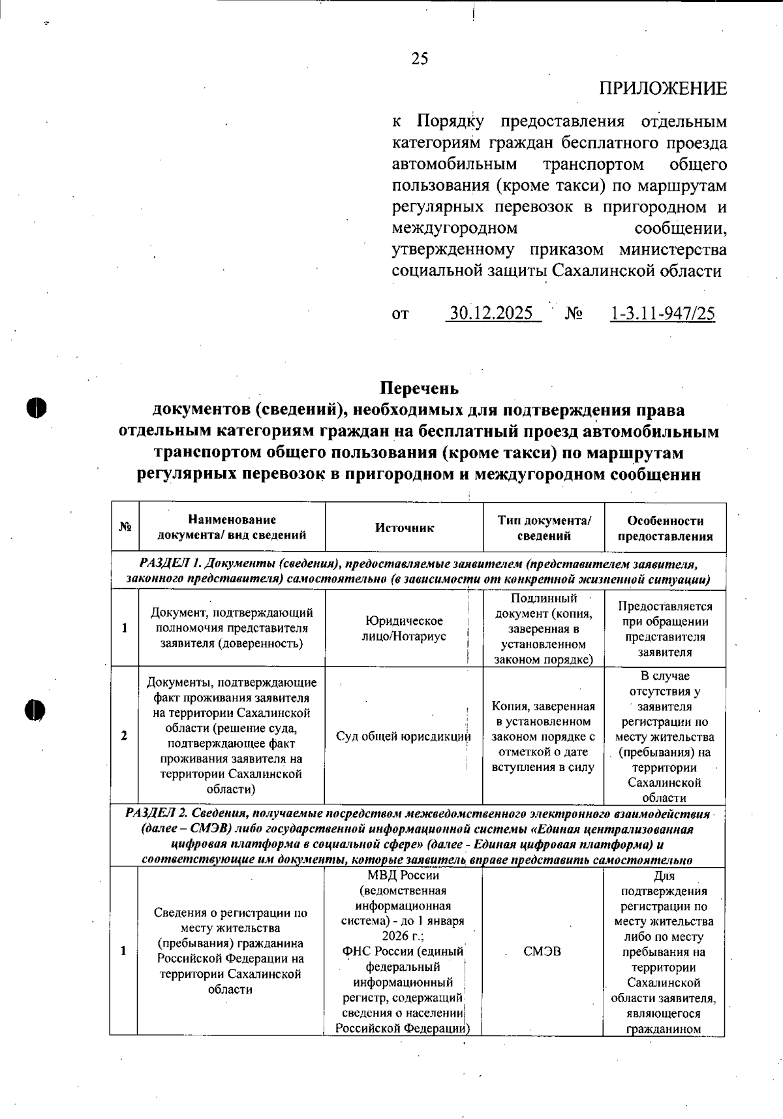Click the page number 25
click(x=420, y=59)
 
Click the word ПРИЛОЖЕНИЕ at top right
click(x=663, y=88)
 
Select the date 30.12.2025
click(x=493, y=313)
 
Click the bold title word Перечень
click(x=420, y=388)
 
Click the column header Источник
click(x=404, y=528)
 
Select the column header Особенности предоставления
click(x=665, y=528)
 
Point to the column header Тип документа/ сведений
click(x=544, y=528)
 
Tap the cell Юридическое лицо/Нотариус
click(x=404, y=628)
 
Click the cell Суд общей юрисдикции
click(x=403, y=736)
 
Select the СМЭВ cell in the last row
click(x=542, y=951)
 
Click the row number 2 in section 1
click(x=124, y=736)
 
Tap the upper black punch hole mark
click(x=36, y=407)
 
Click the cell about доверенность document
click(x=232, y=628)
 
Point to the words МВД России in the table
click(x=403, y=875)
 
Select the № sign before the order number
click(x=574, y=314)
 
